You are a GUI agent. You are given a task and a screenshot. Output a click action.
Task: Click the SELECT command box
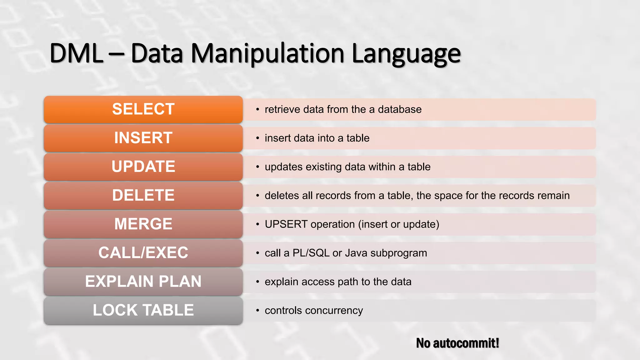(x=143, y=109)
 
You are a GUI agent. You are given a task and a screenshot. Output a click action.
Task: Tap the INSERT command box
(x=143, y=138)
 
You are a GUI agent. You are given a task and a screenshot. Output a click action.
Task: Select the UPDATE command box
(x=143, y=167)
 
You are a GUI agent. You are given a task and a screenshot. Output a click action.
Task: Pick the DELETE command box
(x=143, y=196)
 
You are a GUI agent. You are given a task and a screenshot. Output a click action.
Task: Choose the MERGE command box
(x=143, y=224)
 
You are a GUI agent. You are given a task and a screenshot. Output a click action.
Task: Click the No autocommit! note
(x=457, y=343)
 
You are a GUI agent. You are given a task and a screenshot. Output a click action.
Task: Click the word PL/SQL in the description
(x=311, y=253)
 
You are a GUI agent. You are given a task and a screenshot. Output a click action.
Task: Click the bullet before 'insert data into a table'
(x=257, y=138)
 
